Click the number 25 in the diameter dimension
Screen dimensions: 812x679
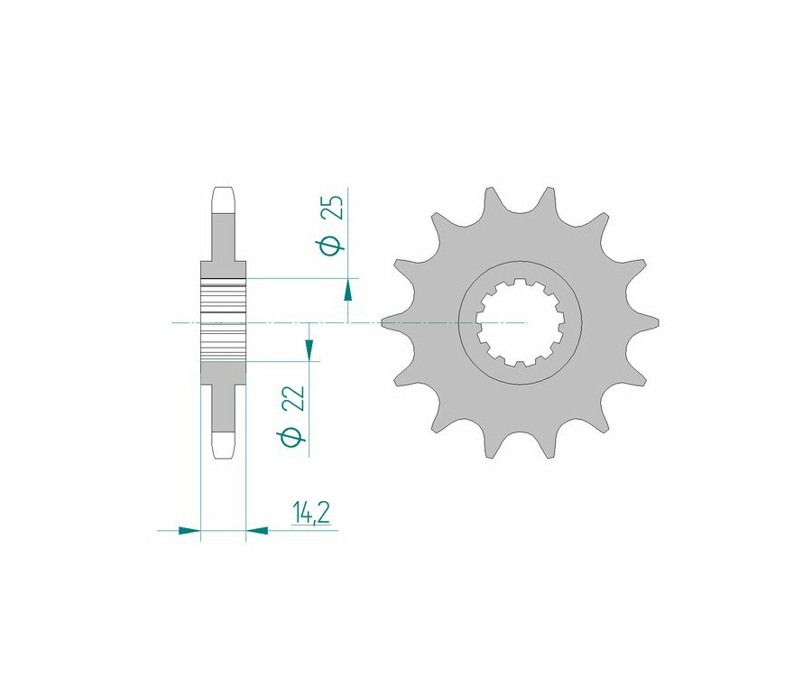click(x=334, y=208)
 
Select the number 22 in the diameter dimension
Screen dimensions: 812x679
click(x=293, y=398)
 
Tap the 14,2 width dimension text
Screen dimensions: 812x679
click(x=310, y=513)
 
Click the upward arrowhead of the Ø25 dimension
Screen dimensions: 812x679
click(x=349, y=289)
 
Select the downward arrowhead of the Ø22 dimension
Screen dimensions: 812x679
click(x=309, y=349)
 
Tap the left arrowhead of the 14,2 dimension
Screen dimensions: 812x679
click(x=189, y=530)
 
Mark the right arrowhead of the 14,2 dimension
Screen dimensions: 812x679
click(x=257, y=530)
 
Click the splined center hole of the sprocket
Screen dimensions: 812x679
click(x=521, y=323)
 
